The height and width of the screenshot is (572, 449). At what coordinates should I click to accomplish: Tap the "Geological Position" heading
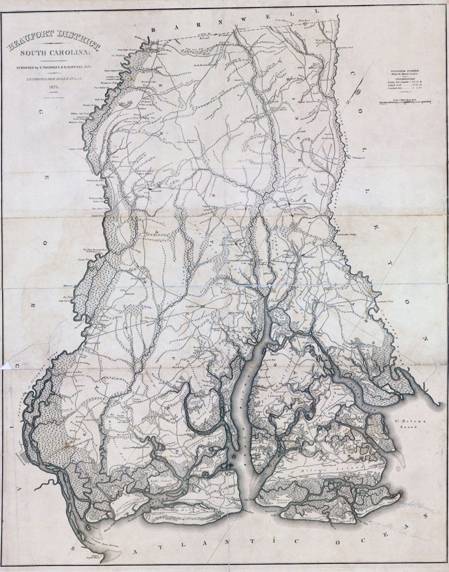click(x=402, y=70)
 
